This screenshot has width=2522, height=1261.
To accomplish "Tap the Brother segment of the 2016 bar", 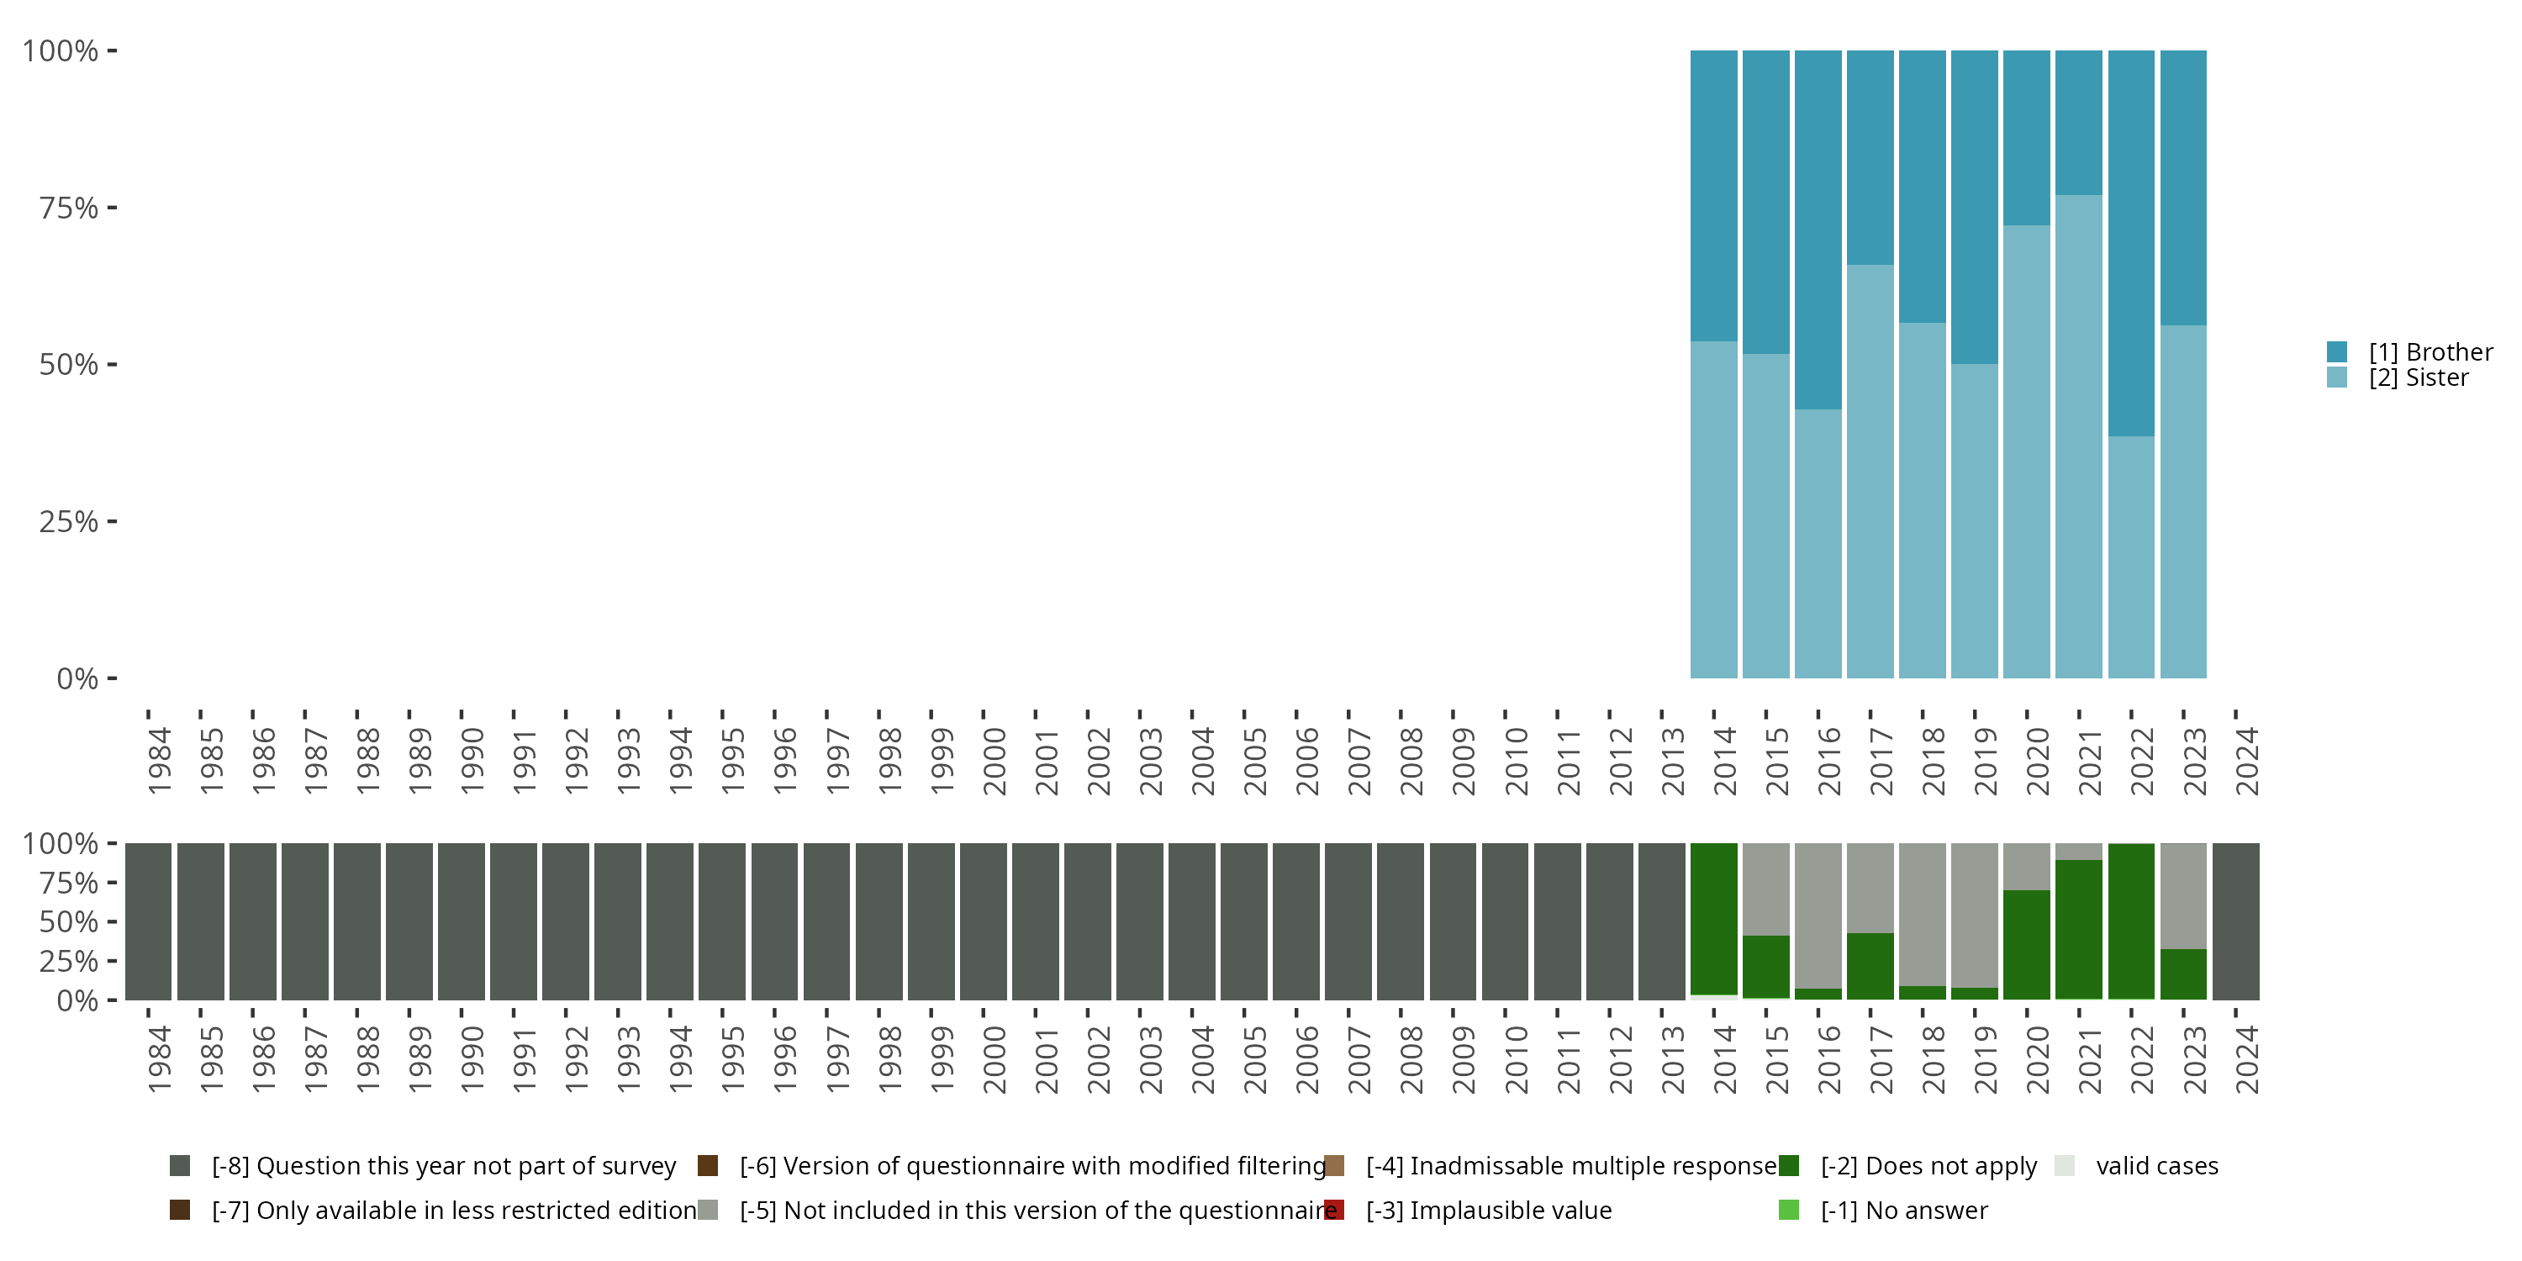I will point(1818,230).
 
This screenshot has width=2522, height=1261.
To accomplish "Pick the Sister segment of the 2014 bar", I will point(1713,509).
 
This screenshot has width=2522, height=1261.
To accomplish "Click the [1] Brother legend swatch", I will point(2337,351).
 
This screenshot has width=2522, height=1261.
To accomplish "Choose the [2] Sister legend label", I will point(2419,378).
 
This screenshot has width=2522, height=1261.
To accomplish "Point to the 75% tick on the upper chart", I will point(69,208).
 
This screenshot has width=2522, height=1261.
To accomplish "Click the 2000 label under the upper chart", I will point(994,761).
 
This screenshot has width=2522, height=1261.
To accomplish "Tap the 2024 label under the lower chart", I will point(2247,1059).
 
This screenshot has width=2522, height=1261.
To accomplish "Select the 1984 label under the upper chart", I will point(159,761).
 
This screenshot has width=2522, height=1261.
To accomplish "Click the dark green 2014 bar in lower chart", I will point(1713,918).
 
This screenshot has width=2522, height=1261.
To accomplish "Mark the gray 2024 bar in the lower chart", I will point(2235,921).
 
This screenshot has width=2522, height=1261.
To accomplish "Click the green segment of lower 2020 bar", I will point(2027,944).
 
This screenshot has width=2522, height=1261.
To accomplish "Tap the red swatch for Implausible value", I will point(1333,1210).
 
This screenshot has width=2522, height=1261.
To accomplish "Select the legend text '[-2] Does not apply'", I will point(1928,1166).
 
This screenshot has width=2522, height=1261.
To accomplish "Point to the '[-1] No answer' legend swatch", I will point(1789,1210).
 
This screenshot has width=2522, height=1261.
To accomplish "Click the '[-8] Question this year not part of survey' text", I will point(444,1166).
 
